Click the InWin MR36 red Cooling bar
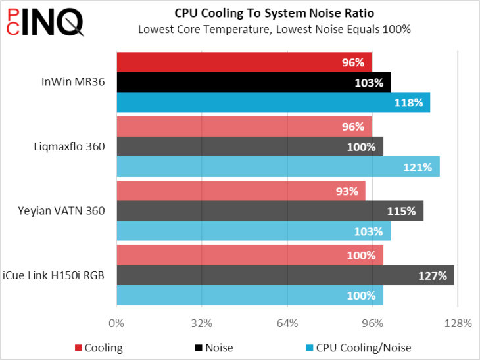(244, 62)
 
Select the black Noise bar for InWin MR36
(253, 83)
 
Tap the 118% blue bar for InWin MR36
(273, 102)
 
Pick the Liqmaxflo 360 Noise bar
(249, 146)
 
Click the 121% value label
(418, 167)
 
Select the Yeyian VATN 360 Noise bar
(270, 211)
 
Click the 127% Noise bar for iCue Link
(285, 275)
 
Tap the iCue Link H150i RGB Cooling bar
(249, 255)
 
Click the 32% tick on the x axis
(202, 323)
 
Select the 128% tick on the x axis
(458, 323)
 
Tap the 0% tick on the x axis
(116, 323)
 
